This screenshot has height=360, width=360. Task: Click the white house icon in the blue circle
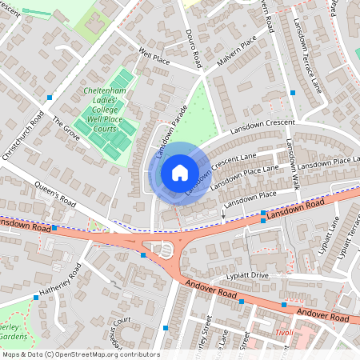(180, 172)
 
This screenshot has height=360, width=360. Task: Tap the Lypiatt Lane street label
(330, 233)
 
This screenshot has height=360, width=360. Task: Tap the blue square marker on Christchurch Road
(50, 98)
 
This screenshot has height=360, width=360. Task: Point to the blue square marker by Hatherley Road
(36, 298)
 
